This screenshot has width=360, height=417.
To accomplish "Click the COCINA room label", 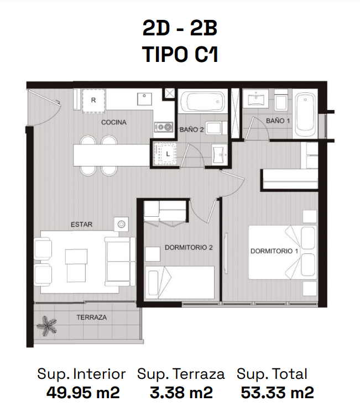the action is click(x=114, y=122).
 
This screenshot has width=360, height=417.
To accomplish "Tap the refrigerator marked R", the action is click(x=93, y=101).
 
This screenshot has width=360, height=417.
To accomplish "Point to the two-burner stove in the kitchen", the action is click(x=164, y=127).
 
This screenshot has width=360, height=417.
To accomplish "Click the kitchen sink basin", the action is click(x=144, y=99).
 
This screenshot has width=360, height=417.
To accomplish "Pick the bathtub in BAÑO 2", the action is click(x=202, y=102).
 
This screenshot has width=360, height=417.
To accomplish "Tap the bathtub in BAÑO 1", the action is click(x=305, y=113).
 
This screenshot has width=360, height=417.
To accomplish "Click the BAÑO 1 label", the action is click(x=278, y=121).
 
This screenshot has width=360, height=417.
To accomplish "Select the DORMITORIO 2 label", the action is click(x=189, y=248).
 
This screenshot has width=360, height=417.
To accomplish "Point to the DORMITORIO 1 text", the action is click(x=274, y=251).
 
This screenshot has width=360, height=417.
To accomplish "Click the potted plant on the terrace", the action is click(x=47, y=326).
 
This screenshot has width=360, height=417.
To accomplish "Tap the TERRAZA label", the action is click(x=91, y=317).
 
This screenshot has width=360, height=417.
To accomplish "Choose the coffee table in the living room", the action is click(x=76, y=265).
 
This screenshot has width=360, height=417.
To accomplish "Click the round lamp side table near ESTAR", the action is click(x=121, y=224).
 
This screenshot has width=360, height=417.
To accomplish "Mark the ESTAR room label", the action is click(x=82, y=225).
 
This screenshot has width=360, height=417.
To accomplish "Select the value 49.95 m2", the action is click(x=83, y=393).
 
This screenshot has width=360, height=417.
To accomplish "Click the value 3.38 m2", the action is click(x=181, y=393).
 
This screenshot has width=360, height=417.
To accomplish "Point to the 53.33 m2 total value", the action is click(x=277, y=393).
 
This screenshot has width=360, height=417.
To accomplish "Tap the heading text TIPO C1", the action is click(x=180, y=54).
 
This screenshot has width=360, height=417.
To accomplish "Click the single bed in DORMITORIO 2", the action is click(x=180, y=282).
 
